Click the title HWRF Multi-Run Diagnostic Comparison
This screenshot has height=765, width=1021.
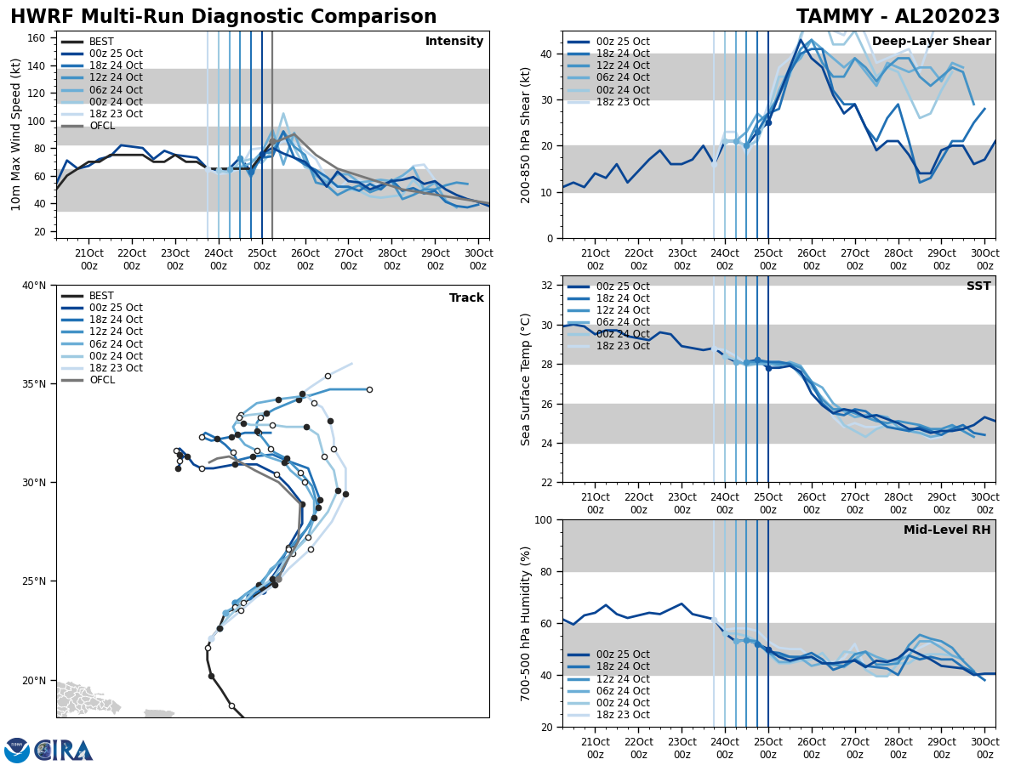223,17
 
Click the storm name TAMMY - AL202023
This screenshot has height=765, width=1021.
898,17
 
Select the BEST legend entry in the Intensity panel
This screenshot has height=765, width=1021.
101,42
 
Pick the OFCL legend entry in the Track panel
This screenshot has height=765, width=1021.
102,380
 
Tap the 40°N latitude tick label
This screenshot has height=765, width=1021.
34,286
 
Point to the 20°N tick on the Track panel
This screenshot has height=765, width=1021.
34,680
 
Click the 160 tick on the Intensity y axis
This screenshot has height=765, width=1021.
37,38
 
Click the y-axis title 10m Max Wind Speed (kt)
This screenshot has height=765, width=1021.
16,134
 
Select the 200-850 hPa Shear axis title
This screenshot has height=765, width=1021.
526,134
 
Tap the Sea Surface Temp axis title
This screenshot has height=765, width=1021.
526,379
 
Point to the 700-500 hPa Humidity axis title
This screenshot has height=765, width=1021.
526,623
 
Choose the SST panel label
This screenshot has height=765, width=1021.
978,286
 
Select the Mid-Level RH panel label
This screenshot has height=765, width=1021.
947,530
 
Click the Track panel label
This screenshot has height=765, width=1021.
466,298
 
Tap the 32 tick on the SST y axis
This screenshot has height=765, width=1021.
548,286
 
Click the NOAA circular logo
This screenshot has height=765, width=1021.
17,751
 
